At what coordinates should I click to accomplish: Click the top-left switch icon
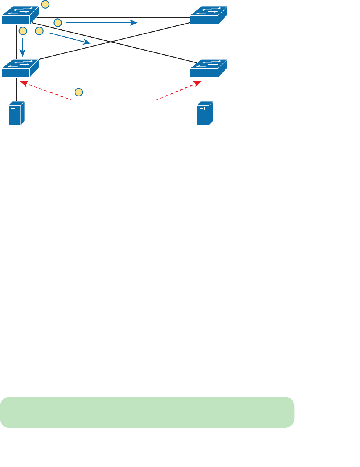click(x=20, y=16)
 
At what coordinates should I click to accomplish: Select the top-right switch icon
click(x=208, y=16)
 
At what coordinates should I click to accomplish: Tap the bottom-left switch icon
click(x=20, y=68)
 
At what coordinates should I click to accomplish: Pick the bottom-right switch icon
click(x=208, y=68)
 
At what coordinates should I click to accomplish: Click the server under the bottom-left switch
click(x=16, y=113)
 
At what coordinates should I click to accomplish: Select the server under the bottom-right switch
click(x=205, y=113)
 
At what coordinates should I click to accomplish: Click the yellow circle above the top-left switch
click(x=45, y=4)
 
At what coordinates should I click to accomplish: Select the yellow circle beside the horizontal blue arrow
click(x=58, y=23)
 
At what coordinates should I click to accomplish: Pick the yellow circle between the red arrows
click(x=79, y=92)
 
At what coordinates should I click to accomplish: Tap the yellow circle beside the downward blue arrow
click(x=23, y=31)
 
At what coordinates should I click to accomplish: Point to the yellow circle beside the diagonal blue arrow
click(x=39, y=31)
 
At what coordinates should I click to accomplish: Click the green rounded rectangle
click(x=147, y=412)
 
